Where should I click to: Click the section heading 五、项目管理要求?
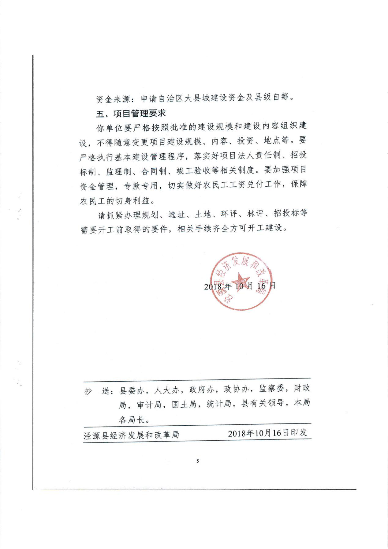tap(131, 114)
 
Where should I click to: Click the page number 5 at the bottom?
tap(198, 461)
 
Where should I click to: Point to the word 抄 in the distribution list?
tap(88, 391)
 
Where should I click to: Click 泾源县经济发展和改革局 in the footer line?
tap(131, 435)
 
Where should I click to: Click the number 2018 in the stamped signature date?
tap(213, 286)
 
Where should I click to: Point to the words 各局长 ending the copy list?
tap(132, 420)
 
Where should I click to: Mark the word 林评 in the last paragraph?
tap(255, 213)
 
